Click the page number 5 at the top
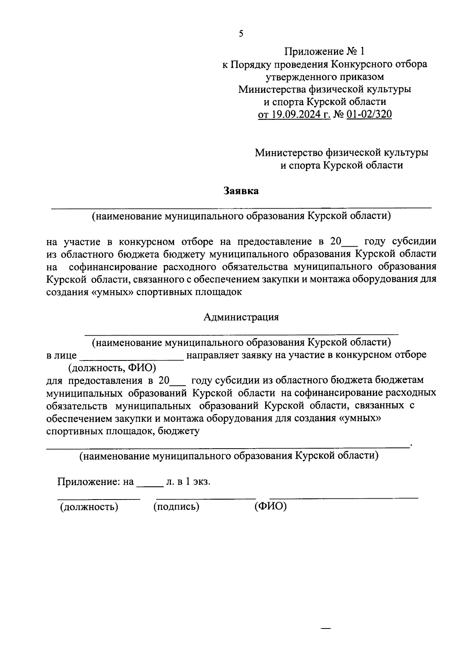pyautogui.click(x=241, y=34)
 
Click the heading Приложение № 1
pyautogui.click(x=325, y=51)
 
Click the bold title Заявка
pyautogui.click(x=241, y=191)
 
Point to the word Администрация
pyautogui.click(x=241, y=317)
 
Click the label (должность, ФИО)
pyautogui.click(x=112, y=367)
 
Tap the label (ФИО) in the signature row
pyautogui.click(x=271, y=507)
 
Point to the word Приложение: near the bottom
pyautogui.click(x=89, y=482)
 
